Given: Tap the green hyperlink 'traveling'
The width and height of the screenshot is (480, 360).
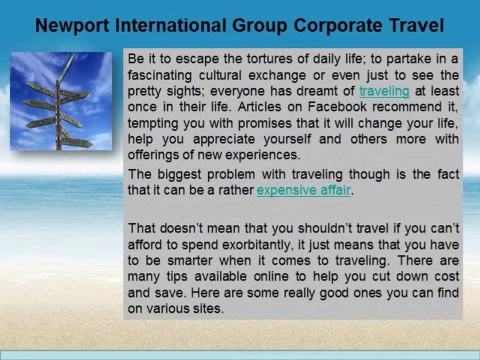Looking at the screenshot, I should pyautogui.click(x=384, y=91).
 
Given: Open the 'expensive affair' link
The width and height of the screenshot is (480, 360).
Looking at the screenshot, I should pyautogui.click(x=303, y=190).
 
